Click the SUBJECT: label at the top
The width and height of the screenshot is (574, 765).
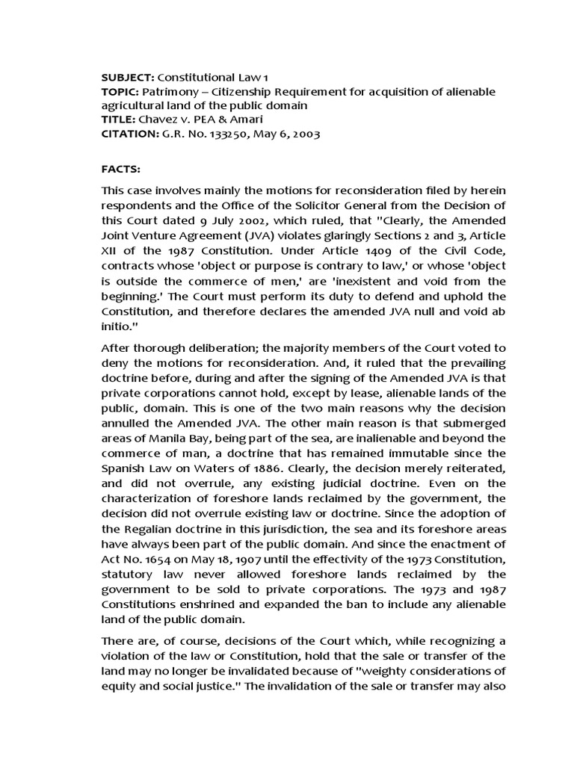(126, 78)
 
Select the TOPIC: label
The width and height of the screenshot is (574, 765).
(119, 92)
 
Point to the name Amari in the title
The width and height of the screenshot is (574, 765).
(238, 120)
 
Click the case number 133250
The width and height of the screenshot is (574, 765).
(200, 134)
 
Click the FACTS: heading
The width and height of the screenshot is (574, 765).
(121, 170)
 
